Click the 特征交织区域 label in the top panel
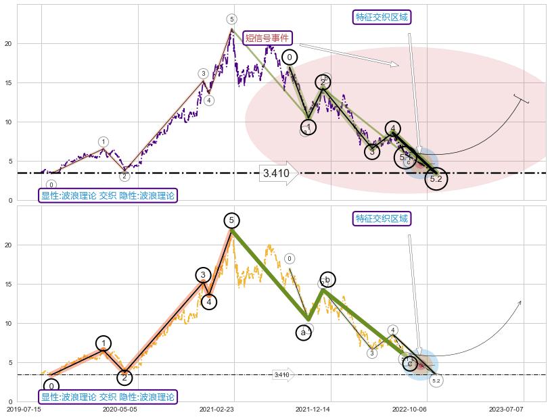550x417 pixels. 382,17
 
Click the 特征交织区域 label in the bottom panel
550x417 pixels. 382,218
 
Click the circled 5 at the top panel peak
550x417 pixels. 231,20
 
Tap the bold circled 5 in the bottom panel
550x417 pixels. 231,220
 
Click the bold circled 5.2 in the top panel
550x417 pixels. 436,179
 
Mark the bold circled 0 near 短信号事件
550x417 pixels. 290,57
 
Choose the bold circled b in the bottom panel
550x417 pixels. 327,280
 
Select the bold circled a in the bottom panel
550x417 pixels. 303,333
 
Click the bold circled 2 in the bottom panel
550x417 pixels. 124,377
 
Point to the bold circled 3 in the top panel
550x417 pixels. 372,151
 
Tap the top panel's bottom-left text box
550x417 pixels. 108,196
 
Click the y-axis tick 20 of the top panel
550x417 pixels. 8,44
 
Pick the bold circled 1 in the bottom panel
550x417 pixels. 103,343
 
